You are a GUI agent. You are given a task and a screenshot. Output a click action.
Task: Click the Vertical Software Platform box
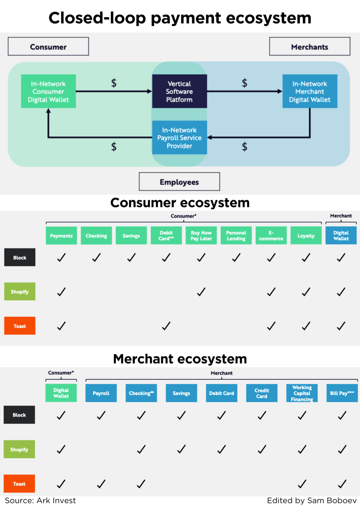(x=179, y=91)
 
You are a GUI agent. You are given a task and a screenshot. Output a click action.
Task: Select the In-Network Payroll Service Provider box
(x=179, y=137)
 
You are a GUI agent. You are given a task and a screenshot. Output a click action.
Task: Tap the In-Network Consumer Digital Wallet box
(x=48, y=91)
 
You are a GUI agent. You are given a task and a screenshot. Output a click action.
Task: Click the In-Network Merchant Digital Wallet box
(x=310, y=91)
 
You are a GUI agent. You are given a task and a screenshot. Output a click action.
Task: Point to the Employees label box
(x=179, y=182)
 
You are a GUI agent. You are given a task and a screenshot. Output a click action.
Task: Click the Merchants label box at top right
(x=309, y=46)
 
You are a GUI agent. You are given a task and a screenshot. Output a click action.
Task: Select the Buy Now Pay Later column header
(x=201, y=235)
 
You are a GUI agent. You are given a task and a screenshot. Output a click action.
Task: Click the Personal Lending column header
(x=236, y=235)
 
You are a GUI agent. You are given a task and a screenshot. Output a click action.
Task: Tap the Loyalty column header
(x=306, y=235)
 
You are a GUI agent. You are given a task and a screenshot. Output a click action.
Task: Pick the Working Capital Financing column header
(x=302, y=393)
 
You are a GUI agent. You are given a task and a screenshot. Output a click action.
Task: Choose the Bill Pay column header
(x=342, y=393)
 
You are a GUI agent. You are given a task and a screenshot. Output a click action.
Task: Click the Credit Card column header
(x=262, y=393)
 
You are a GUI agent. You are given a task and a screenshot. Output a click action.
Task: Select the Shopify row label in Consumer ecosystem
(x=20, y=291)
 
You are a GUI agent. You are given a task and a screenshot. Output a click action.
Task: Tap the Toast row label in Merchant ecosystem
(x=19, y=484)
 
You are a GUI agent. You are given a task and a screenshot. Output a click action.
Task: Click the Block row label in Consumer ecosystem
(x=20, y=258)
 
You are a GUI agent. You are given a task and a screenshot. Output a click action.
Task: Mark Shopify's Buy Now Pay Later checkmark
(x=201, y=292)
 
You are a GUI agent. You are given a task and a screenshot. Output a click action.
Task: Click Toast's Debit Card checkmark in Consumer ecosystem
(x=166, y=326)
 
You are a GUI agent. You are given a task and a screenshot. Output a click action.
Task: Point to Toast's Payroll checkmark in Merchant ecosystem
(x=101, y=484)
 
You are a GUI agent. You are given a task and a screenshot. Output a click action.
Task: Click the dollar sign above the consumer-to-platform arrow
(x=114, y=83)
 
